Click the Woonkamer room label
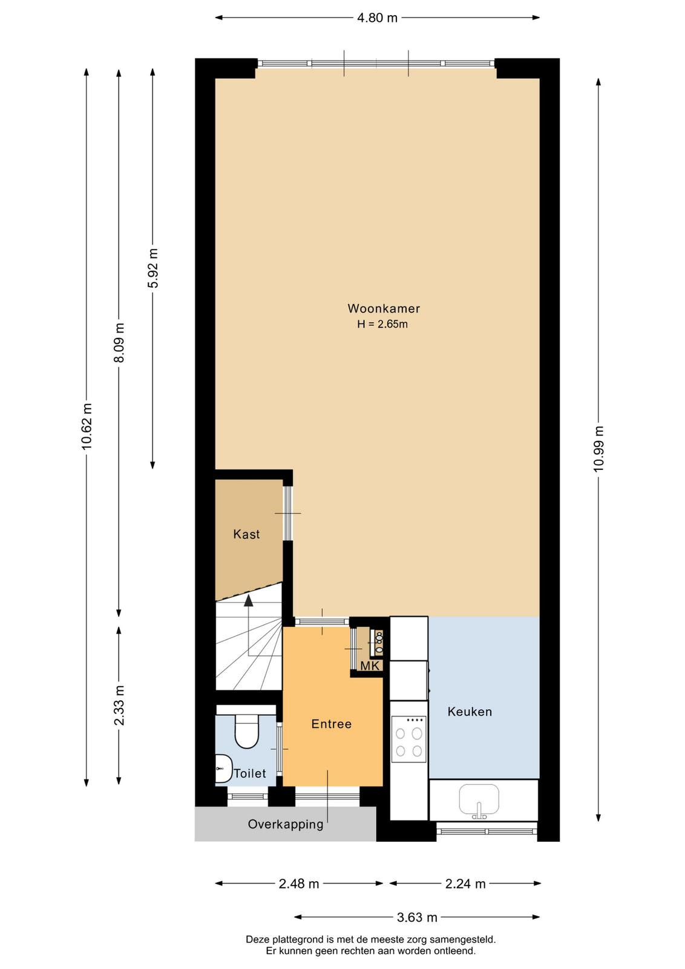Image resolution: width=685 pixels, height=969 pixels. click(384, 308)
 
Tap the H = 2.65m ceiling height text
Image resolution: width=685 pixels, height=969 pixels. click(382, 324)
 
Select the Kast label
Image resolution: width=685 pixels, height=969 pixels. click(246, 534)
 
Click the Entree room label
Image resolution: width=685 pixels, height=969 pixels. click(332, 724)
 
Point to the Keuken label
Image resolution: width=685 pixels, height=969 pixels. click(470, 712)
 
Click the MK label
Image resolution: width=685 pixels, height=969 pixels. click(370, 666)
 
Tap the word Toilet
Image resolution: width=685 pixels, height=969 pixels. click(250, 773)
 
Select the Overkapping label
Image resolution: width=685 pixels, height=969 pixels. click(286, 824)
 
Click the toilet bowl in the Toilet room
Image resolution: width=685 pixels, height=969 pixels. click(246, 731)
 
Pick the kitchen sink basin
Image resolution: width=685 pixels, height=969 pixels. click(479, 799)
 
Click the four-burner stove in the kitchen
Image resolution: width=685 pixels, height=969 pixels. click(409, 739)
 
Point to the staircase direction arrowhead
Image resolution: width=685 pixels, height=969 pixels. click(249, 601)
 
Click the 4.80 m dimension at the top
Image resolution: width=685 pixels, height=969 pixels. click(377, 18)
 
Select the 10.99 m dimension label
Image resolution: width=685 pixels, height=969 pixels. click(598, 449)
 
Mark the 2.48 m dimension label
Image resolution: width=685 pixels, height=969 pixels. click(299, 884)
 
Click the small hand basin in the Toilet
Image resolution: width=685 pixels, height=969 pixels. click(223, 769)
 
